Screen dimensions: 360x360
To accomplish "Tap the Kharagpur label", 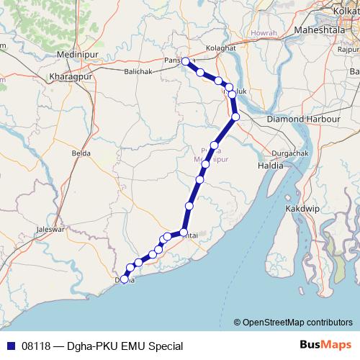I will pyautogui.click(x=71, y=76).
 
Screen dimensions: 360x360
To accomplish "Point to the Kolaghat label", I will pyautogui.click(x=220, y=48).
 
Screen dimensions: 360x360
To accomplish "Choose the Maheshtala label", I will pyautogui.click(x=320, y=30).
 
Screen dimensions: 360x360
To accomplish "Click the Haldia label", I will pyautogui.click(x=270, y=166).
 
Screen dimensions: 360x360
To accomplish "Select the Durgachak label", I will pyautogui.click(x=289, y=153).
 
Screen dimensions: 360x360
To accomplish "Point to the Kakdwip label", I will pyautogui.click(x=324, y=207).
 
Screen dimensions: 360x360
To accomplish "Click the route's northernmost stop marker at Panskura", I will pyautogui.click(x=186, y=61).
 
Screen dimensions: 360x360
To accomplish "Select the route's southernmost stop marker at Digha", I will pyautogui.click(x=125, y=279).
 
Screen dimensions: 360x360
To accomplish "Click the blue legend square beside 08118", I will pyautogui.click(x=11, y=346).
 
